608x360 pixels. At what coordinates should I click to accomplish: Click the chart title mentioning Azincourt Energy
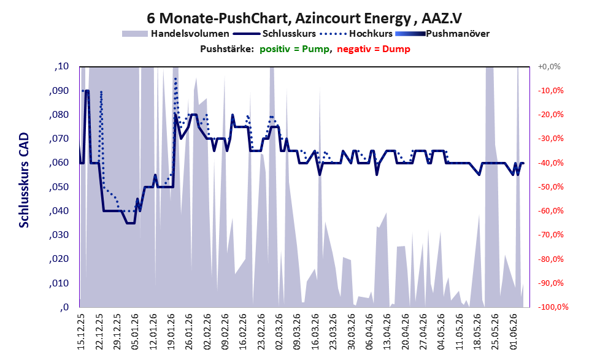point(304,18)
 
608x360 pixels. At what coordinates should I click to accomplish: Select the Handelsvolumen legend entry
point(175,34)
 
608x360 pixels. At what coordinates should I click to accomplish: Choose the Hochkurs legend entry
point(356,34)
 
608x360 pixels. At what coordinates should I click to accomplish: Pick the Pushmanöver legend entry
point(442,34)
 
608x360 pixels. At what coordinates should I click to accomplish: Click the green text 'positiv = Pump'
point(294,49)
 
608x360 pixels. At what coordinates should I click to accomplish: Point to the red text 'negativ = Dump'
point(374,49)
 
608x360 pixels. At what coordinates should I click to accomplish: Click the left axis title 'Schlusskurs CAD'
point(24,180)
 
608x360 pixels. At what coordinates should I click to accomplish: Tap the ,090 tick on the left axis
point(60,91)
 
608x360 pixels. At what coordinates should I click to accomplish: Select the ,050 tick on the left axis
point(60,187)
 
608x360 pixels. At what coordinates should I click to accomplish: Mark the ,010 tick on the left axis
point(60,283)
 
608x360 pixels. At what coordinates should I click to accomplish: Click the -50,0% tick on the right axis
point(550,187)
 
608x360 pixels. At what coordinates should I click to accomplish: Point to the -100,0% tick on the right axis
point(553,307)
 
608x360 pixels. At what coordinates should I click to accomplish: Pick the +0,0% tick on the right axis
point(549,67)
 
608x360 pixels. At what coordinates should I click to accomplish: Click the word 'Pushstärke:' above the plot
point(227,49)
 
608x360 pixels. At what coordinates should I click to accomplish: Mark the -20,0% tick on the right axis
point(550,115)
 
